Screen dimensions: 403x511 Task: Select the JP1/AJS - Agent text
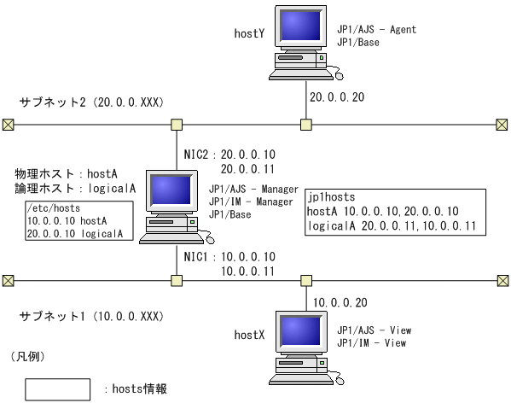tap(376, 30)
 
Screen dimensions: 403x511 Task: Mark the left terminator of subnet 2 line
tap(8, 125)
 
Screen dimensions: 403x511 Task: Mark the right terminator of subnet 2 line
tap(502, 125)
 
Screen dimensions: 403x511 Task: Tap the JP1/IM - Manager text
tap(253, 201)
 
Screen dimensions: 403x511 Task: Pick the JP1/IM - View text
tap(371, 343)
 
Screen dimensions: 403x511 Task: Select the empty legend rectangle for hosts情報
tap(57, 388)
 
